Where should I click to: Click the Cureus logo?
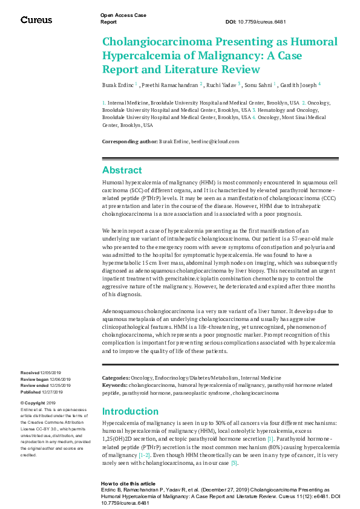click(36, 20)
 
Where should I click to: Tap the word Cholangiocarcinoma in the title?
click(149, 42)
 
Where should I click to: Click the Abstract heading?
click(122, 170)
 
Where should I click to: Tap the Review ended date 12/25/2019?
click(61, 385)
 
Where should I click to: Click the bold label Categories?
click(115, 377)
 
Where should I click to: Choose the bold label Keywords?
click(114, 384)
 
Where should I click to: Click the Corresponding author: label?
click(129, 141)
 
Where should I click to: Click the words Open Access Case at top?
click(123, 15)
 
